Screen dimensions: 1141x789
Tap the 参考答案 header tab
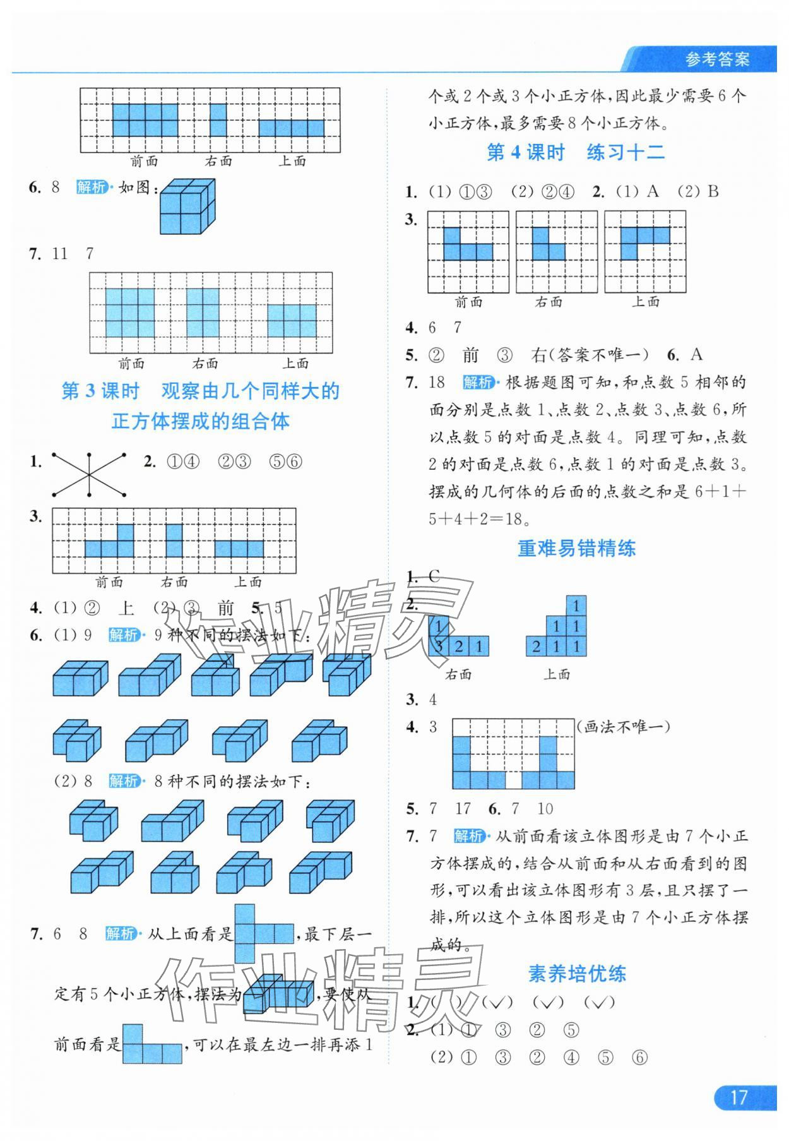pos(717,60)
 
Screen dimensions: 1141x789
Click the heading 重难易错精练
pos(576,548)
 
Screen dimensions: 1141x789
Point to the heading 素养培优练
pos(576,973)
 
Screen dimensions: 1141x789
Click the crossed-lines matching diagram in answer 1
pos(89,474)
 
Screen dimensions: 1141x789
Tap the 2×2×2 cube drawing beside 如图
pos(187,206)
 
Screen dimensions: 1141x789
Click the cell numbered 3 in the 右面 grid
pos(438,646)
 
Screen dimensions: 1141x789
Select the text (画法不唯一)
pos(623,727)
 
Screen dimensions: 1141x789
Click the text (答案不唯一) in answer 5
pos(598,355)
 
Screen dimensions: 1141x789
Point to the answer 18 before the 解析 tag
pos(437,382)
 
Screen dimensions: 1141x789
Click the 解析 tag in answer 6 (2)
pos(123,780)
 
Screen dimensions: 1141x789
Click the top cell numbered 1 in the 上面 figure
pos(576,606)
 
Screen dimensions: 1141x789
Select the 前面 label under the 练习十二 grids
pos(468,302)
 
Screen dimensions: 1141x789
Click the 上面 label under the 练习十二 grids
pos(645,302)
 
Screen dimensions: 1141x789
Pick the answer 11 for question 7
pos(60,254)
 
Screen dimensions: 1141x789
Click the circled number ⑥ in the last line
pos(639,1057)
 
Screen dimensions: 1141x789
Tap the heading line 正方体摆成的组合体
pos(200,421)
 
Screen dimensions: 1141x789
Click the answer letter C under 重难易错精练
pos(434,576)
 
